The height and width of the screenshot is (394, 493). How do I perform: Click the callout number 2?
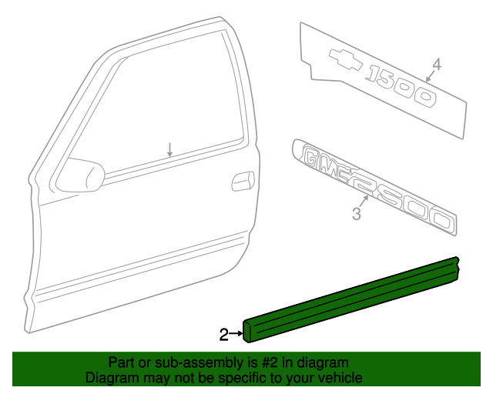[x=223, y=334]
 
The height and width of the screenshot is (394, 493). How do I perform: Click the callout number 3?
[x=357, y=215]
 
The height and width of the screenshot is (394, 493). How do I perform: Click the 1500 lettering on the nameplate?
[x=401, y=86]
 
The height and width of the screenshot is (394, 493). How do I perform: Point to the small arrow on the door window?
[x=170, y=150]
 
